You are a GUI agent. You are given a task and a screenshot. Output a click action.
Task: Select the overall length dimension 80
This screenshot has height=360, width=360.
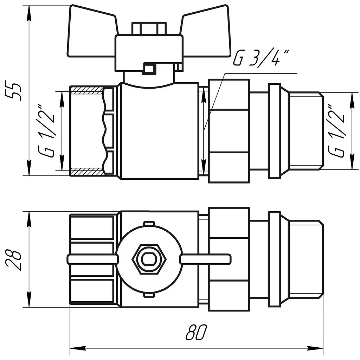196,332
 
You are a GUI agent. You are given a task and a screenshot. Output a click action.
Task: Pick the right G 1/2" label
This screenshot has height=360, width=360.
336,130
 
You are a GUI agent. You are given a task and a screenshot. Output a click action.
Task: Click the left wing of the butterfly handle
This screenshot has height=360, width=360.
92,31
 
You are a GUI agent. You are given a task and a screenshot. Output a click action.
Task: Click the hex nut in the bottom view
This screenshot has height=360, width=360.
149,259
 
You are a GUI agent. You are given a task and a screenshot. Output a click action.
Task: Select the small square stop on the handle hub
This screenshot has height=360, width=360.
149,69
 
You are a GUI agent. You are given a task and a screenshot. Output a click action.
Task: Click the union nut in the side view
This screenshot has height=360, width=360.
229,131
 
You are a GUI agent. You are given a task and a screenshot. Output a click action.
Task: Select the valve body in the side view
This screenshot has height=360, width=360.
160,131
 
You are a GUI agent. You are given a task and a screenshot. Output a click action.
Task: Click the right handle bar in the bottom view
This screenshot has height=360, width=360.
205,259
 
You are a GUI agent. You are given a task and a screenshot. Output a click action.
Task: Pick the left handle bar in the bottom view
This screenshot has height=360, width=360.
92,259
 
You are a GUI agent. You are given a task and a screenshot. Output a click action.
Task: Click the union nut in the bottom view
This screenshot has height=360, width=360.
229,259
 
